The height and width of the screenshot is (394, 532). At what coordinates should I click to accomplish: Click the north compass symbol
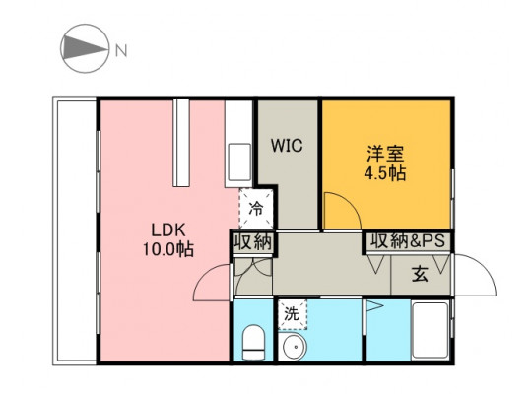point(85,48)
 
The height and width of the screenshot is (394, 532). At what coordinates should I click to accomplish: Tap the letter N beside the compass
point(121,51)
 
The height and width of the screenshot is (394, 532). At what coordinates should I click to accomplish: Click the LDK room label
point(168,230)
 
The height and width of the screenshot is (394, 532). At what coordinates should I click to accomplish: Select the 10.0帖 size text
point(167,250)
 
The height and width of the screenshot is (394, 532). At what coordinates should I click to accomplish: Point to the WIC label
point(287,146)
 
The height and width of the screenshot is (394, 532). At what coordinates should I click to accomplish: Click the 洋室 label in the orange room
point(385,154)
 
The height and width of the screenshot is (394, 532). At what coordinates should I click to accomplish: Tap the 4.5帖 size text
point(385,173)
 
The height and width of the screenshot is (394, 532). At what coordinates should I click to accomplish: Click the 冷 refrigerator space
point(256,209)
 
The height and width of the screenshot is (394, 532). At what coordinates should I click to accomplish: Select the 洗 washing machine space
point(293,314)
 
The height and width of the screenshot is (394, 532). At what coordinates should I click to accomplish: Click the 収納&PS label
point(408,241)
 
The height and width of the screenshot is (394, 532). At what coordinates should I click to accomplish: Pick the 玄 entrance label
point(420,274)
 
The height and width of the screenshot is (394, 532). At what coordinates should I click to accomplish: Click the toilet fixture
point(254,342)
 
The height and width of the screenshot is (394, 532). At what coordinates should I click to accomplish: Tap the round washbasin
point(295,347)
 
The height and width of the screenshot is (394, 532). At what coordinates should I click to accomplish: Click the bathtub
point(431,331)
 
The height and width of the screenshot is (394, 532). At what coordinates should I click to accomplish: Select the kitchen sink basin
point(239,163)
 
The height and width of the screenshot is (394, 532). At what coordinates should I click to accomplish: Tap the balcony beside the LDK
point(75,230)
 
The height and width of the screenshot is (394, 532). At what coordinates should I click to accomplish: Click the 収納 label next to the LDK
point(253,242)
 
